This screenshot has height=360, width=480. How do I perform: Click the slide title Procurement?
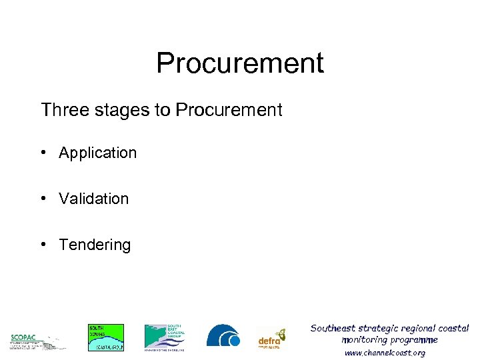point(240,63)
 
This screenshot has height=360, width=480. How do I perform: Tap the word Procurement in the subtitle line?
point(229,109)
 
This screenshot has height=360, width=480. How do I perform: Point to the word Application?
point(97,153)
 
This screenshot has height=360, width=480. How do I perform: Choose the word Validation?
point(93,199)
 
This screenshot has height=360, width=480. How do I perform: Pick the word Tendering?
point(95,245)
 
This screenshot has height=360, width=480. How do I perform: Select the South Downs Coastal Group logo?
point(106,337)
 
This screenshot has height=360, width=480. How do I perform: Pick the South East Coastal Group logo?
point(164,337)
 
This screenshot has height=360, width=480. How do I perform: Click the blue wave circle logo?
point(223,336)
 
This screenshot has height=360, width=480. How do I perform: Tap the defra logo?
point(272,339)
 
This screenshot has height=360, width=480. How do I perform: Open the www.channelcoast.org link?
point(385,353)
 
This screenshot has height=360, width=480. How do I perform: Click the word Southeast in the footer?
point(333,328)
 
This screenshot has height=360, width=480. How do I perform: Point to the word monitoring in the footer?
point(365,340)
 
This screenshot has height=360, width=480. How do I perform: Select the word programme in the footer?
point(415,340)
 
